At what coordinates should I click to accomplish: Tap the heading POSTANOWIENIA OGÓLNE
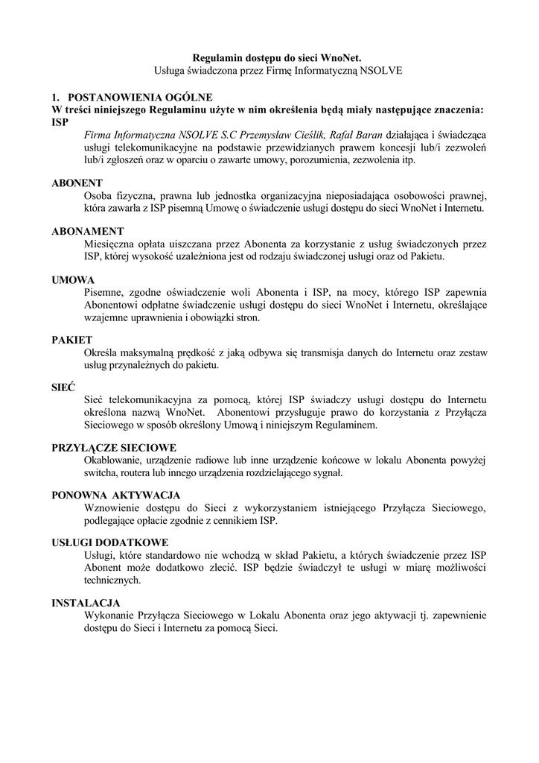[140, 98]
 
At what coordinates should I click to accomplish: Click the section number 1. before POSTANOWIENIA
[55, 98]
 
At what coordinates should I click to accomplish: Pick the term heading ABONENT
[77, 183]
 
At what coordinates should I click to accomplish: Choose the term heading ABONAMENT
[87, 231]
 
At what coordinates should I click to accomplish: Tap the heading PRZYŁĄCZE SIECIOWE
[113, 448]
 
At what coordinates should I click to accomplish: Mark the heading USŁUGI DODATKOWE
[109, 542]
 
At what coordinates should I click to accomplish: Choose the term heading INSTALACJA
[86, 602]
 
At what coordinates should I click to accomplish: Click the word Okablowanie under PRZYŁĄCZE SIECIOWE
[115, 460]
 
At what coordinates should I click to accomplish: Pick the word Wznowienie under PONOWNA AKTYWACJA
[114, 508]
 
